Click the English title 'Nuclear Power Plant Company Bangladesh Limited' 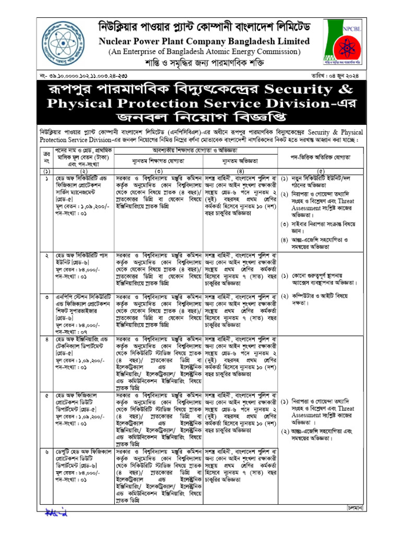coord(201,41)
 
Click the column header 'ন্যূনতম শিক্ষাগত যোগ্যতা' coord(159,159)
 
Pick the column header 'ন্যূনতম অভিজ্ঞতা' coord(240,159)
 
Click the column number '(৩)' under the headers coord(159,171)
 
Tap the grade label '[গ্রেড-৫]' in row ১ coord(65,200)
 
